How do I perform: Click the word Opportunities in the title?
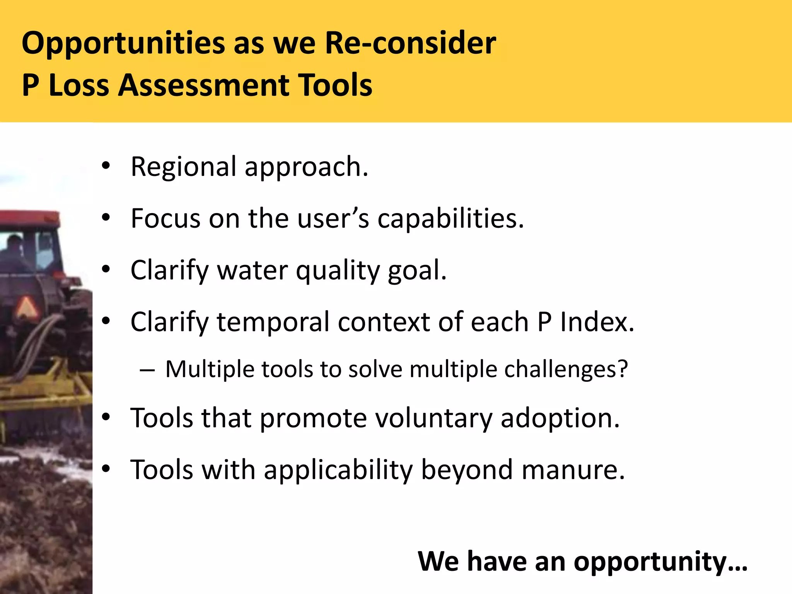tap(123, 43)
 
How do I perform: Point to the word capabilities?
tap(451, 219)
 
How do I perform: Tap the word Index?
tap(597, 322)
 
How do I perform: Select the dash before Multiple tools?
tap(147, 370)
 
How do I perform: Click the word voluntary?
tap(434, 418)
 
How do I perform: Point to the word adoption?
tap(560, 419)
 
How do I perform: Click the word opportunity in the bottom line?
tap(660, 562)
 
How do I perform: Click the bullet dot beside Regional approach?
tap(106, 167)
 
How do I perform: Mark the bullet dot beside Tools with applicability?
tap(106, 469)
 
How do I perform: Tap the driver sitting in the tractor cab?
tap(14, 251)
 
